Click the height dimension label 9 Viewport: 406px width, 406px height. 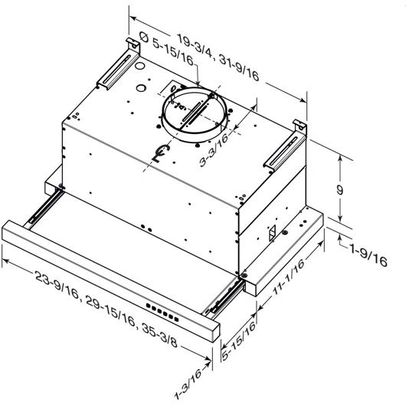point(339,190)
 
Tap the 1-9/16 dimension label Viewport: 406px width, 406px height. point(368,255)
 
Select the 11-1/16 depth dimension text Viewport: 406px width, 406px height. point(289,277)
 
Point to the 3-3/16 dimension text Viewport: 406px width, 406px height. point(214,149)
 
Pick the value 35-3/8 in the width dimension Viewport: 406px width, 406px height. point(159,336)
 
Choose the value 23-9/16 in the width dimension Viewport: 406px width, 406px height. point(57,284)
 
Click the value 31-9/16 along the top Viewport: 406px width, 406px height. point(239,68)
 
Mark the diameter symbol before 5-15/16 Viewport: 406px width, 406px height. point(144,37)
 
